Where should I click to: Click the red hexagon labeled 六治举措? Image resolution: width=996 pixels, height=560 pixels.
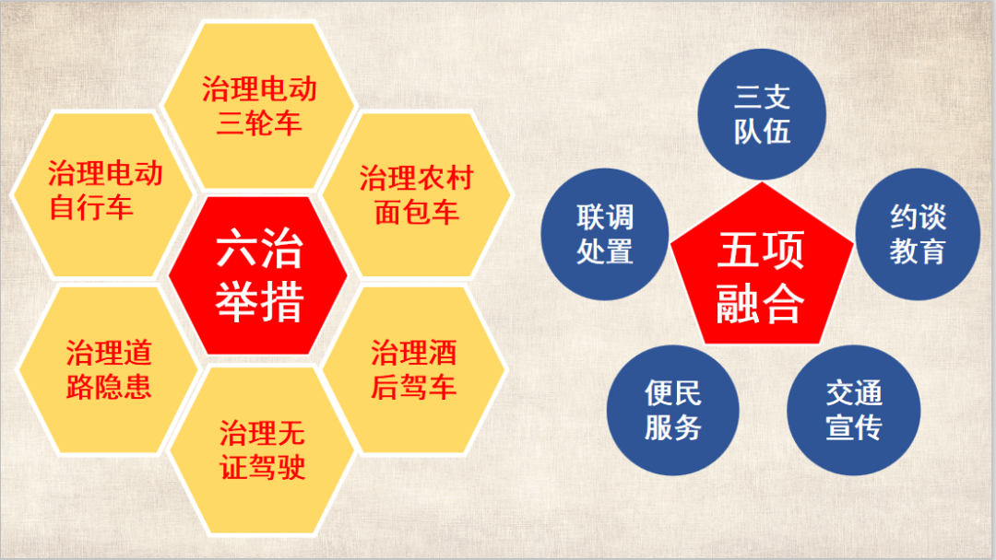coord(258,275)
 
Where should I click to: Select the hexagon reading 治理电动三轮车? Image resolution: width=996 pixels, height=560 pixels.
coord(258,105)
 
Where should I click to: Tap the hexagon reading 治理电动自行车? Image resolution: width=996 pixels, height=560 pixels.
coord(102,194)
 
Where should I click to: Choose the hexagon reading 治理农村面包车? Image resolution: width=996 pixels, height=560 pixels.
coord(416,194)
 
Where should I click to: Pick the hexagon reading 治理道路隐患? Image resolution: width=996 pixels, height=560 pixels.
coord(109,369)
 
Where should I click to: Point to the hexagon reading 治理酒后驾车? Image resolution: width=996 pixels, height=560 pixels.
coord(413,369)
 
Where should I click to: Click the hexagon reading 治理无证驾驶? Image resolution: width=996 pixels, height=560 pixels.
coord(261,451)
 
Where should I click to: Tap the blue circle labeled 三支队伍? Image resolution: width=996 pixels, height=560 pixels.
coord(762,114)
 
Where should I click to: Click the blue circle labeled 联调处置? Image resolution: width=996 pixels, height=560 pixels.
coord(605,234)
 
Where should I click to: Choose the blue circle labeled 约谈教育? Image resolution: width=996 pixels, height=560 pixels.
coord(918,234)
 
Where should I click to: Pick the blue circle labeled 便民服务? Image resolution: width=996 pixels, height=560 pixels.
coord(672,410)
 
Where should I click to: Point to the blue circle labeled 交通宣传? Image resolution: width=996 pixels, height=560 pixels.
coord(854,410)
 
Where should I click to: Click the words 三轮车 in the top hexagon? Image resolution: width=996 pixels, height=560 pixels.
coord(258,122)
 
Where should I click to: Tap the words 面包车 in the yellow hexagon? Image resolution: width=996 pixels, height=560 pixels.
coord(416,212)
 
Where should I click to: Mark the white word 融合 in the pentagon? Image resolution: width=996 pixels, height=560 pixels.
coord(760,303)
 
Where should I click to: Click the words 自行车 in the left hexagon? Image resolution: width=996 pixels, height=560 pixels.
coord(90,207)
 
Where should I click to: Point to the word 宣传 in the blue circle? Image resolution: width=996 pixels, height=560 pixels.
coord(854,427)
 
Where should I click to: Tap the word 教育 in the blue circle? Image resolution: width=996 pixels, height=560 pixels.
coord(918,251)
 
